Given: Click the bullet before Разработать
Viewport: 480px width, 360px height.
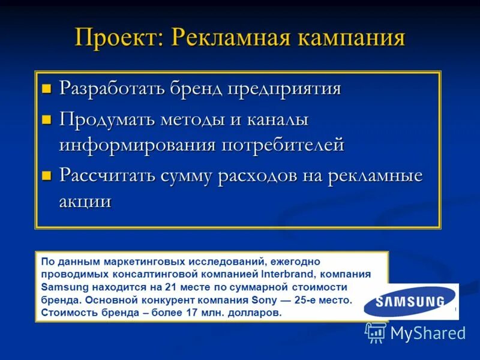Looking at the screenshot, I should [47, 90].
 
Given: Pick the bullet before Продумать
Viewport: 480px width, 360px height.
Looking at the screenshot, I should [47, 120].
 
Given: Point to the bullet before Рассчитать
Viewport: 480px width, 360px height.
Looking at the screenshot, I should [47, 176].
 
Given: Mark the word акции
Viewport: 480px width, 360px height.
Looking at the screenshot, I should [85, 201].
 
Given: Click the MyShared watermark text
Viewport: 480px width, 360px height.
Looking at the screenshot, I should [428, 333].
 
